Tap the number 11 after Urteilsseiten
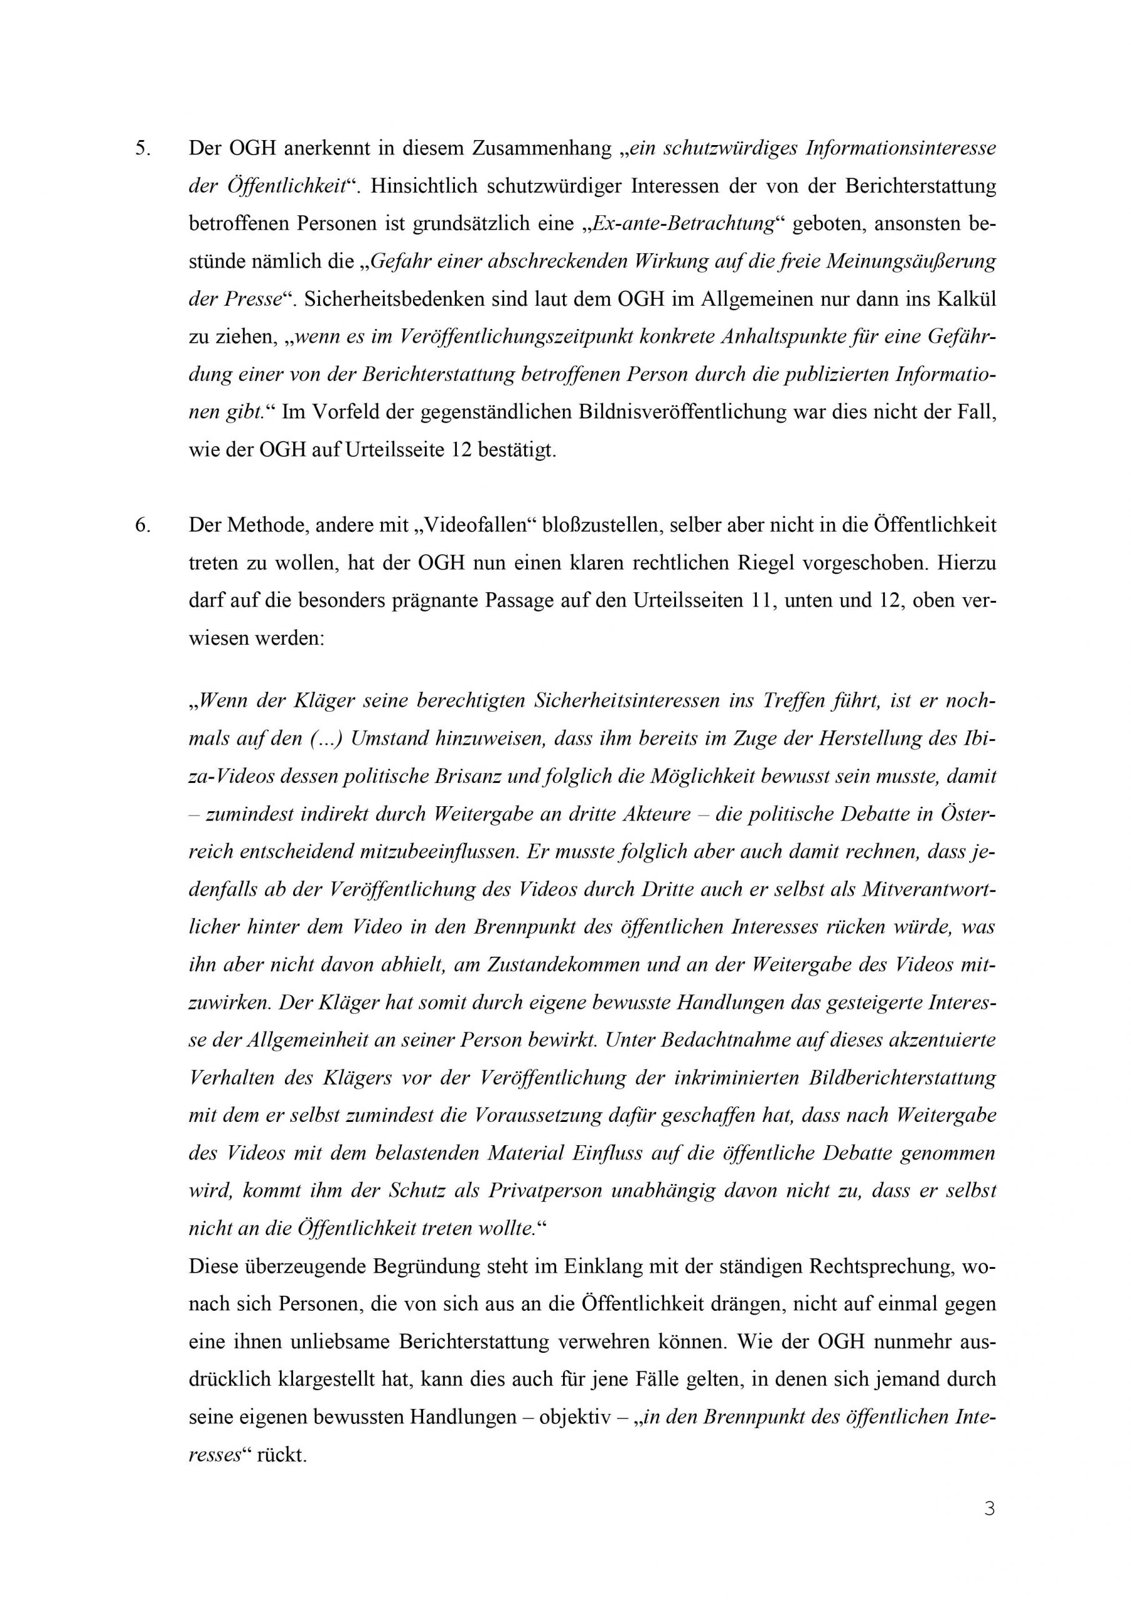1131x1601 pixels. (762, 600)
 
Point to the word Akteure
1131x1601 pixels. (655, 814)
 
